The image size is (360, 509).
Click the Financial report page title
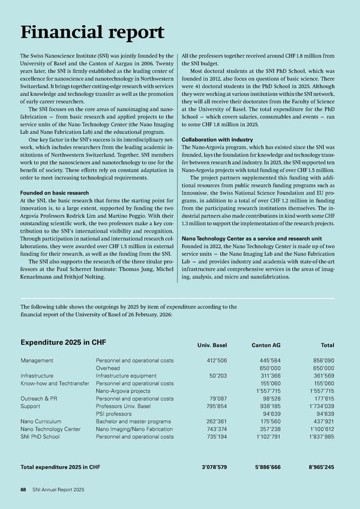tap(92, 32)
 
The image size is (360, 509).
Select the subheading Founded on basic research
tap(55, 193)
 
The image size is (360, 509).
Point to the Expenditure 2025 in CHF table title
tap(63, 343)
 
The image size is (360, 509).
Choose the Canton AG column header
tap(256, 345)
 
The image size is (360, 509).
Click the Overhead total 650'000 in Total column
tap(322, 368)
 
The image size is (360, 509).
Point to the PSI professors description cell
tap(114, 414)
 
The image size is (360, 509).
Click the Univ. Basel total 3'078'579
tap(212, 466)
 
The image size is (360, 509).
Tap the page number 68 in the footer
tap(23, 490)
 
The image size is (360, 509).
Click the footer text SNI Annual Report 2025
tap(58, 490)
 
